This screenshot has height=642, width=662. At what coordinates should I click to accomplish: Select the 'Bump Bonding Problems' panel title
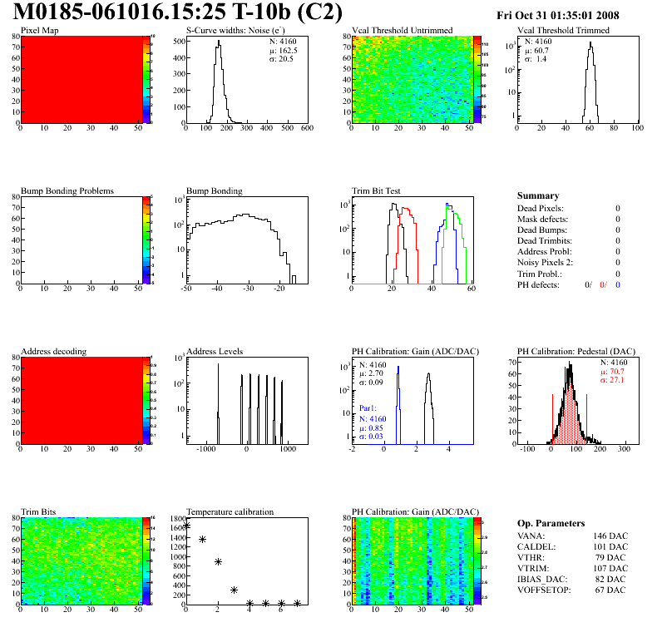coord(67,190)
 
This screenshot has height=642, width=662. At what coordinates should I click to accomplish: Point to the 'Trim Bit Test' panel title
coord(378,190)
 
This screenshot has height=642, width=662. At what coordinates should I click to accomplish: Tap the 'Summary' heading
coord(538,195)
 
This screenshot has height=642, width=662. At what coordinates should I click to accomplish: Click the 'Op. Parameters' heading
coord(551,523)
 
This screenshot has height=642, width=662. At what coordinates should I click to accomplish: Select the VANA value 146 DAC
coord(610,536)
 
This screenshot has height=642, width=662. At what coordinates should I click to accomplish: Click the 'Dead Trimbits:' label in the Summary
coord(545,240)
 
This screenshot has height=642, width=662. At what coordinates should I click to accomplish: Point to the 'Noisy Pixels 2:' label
coord(547,262)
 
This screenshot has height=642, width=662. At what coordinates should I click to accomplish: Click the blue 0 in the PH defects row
coord(618,284)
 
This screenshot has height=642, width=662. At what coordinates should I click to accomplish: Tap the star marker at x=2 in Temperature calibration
coord(218,562)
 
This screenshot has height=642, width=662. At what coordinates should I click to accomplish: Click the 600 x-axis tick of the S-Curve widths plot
coord(306,129)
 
